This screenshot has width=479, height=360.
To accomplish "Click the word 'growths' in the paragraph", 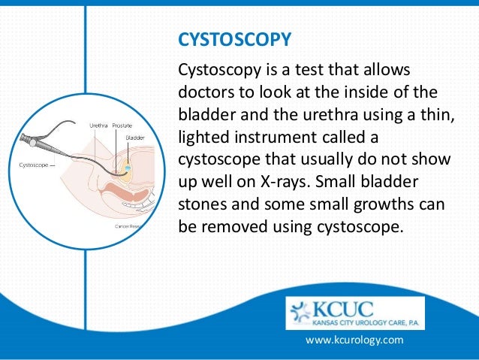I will pyautogui.click(x=372, y=204).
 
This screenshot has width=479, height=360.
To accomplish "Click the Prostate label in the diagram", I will pyautogui.click(x=123, y=126).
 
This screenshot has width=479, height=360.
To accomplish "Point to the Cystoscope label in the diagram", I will pyautogui.click(x=32, y=165).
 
